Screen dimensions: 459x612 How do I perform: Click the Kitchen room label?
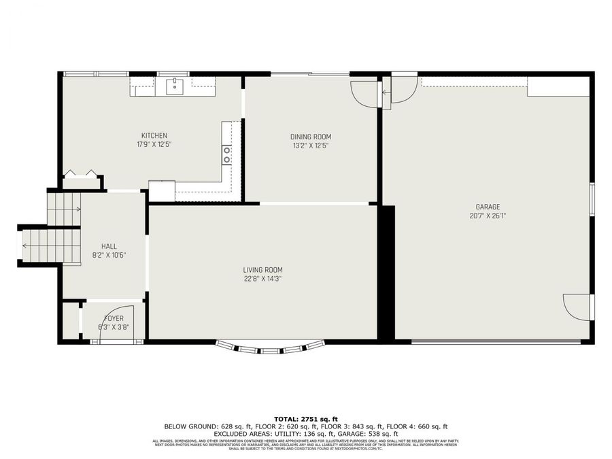tap(154, 135)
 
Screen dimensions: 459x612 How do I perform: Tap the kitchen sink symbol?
tap(175, 86)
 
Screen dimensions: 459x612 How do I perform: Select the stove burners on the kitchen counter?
tap(227, 155)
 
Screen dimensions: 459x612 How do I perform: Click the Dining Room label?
tap(311, 137)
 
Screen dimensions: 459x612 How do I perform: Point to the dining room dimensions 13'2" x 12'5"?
tap(311, 145)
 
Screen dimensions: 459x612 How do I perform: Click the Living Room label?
tap(262, 269)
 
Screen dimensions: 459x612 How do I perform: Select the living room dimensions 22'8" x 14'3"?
tap(262, 278)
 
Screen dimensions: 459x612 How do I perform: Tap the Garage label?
tap(488, 207)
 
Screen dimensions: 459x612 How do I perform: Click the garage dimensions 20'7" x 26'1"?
tap(488, 216)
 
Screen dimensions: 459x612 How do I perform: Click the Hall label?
tap(109, 246)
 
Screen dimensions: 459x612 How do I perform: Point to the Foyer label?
tap(114, 318)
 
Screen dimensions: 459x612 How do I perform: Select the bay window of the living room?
tap(270, 349)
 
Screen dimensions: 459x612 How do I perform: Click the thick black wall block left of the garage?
tap(386, 272)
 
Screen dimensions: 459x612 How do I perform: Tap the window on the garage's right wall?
tap(592, 199)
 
